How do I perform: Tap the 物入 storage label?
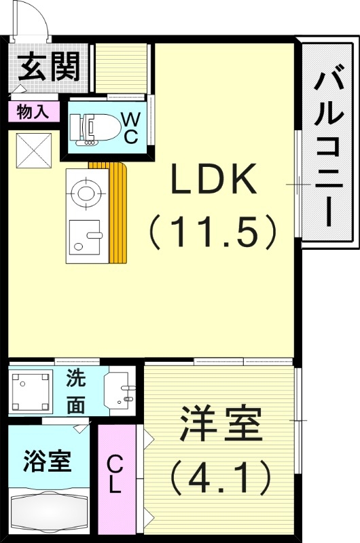pos(33,112)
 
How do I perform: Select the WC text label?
pos(130,127)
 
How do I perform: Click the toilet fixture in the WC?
pos(88,128)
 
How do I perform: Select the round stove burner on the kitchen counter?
pos(86,192)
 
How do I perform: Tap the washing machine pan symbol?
pos(31,391)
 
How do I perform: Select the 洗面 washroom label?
pos(75,392)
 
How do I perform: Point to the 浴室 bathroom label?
pos(47,462)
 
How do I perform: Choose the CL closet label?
pos(115,474)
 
